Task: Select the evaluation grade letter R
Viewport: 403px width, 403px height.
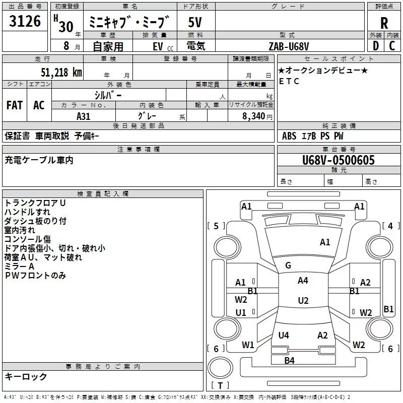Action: tap(384, 23)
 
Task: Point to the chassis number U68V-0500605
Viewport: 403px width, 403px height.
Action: tap(339, 160)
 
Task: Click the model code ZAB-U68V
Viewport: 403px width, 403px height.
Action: tap(289, 46)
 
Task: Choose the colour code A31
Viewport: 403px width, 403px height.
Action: tap(84, 116)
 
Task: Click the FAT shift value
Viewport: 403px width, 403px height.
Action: tap(15, 105)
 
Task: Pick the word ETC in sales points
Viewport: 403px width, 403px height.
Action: tap(289, 81)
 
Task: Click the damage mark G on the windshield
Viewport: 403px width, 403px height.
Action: tap(288, 265)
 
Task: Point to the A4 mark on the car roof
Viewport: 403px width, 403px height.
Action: tap(303, 281)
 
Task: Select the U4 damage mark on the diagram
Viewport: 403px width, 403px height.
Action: tap(284, 335)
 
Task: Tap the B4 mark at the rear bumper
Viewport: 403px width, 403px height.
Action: tap(289, 360)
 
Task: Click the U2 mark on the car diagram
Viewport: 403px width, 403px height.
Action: tap(303, 301)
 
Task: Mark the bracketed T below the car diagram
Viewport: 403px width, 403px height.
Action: tap(220, 385)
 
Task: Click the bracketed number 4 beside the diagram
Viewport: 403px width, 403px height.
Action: tap(390, 226)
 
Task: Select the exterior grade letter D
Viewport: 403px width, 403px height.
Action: tap(375, 46)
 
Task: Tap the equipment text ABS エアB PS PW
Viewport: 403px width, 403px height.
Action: tap(313, 136)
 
